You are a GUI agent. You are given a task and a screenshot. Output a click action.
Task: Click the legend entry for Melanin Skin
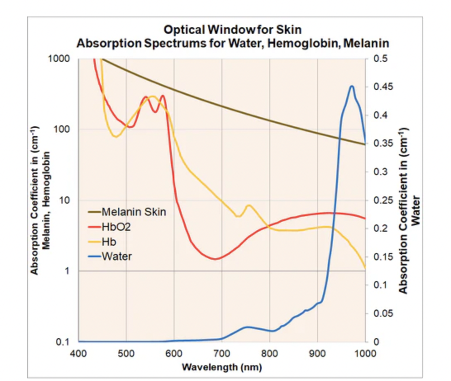pos(133,212)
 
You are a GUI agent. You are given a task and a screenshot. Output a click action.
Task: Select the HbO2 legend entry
pos(119,227)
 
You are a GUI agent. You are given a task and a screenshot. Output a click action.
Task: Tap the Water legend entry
pos(117,256)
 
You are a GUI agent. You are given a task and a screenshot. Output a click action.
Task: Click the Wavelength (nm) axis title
pos(222,367)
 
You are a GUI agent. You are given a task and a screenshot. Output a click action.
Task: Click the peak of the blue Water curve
pos(351,86)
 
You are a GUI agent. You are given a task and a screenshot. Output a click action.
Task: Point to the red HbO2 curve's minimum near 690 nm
pos(215,259)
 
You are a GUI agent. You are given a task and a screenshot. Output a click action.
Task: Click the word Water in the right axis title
pos(416,210)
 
